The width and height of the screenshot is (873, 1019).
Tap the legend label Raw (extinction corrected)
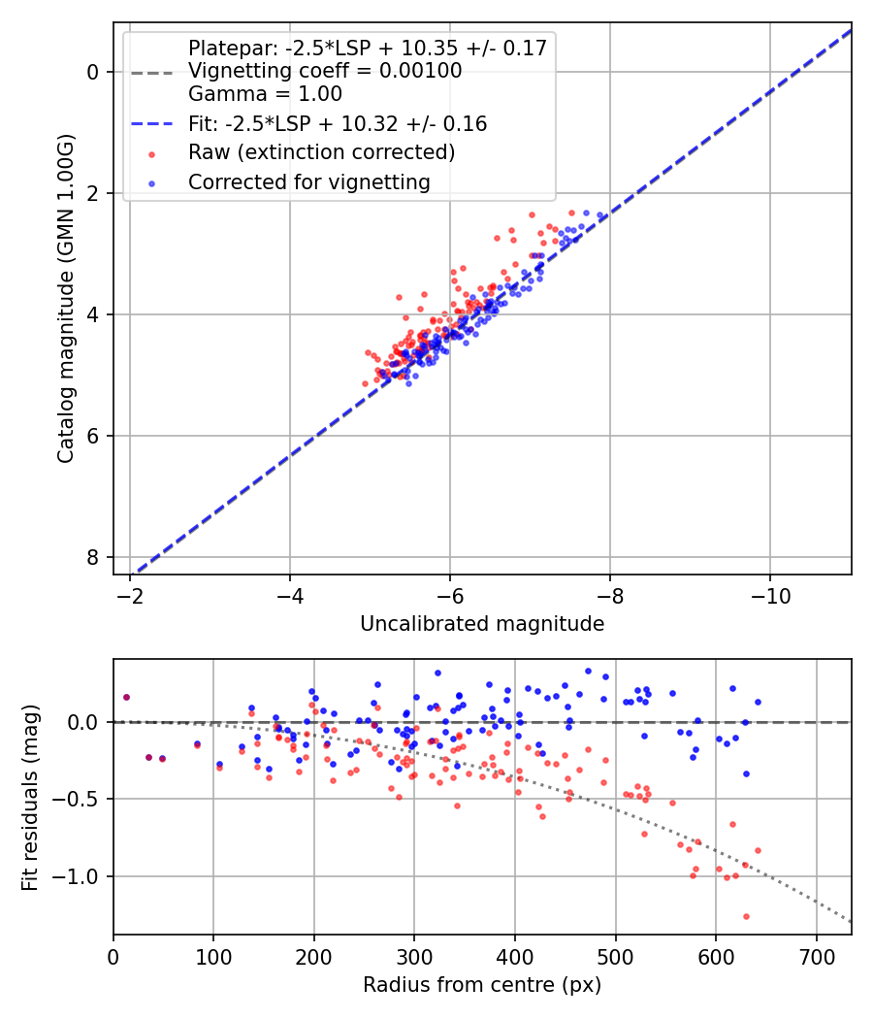point(321,152)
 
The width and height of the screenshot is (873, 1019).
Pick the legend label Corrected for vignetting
point(309,181)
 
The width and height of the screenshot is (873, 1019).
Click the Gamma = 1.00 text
point(265,95)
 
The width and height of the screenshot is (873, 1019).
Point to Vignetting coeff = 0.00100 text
point(325,71)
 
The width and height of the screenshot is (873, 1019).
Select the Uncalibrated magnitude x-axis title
point(482,624)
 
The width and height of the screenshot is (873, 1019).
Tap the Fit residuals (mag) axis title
point(30,798)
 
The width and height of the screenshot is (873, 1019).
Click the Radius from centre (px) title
point(482,985)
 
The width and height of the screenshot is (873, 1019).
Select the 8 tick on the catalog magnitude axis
point(92,557)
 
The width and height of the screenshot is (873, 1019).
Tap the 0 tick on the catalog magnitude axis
point(92,72)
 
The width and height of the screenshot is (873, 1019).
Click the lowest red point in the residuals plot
point(746,916)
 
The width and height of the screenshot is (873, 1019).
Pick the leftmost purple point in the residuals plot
point(126,697)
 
